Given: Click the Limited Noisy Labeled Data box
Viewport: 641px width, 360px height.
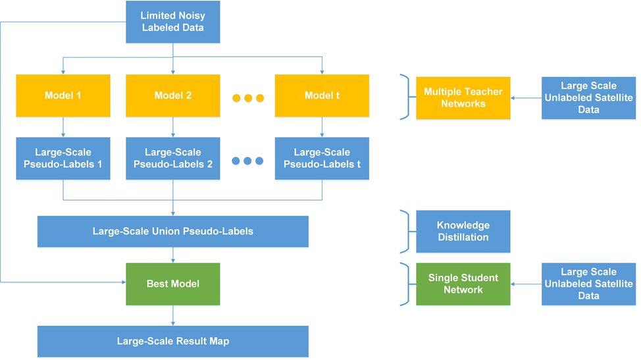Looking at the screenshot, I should coord(172,22).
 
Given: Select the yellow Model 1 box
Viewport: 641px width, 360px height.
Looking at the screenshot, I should coord(63,95).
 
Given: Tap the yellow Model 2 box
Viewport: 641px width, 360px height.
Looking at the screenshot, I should coord(172,95).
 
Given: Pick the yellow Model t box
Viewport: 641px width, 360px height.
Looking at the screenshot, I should coord(322,95).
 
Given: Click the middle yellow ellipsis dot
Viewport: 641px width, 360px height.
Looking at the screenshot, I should coord(248,98).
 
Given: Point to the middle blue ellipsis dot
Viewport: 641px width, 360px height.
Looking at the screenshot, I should coord(248,161).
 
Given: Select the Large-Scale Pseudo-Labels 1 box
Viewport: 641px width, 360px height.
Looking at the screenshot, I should coord(63,158).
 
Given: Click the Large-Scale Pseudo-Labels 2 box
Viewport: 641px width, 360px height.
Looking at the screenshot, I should coord(172,158).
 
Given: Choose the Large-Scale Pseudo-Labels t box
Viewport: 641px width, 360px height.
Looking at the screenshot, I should coord(322,158).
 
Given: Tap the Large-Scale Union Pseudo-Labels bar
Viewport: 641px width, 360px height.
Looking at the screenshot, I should coord(172,231).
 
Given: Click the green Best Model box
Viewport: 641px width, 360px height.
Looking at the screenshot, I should coord(172,284).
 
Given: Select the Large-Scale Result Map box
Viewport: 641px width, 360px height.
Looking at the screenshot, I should coord(172,341).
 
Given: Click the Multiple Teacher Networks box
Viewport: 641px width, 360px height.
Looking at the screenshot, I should coord(463,97).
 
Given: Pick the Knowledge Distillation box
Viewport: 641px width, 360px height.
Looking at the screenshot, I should coord(463,231).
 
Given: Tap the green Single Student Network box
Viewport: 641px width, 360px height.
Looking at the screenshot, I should coord(463,284).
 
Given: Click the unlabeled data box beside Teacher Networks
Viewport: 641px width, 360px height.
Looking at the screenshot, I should coord(588,97).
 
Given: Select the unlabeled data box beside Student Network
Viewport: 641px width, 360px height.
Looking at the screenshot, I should coord(588,284).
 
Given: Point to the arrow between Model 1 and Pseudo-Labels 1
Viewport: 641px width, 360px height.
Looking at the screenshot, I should coord(63,126).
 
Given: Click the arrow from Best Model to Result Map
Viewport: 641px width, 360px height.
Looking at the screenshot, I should coord(172,315).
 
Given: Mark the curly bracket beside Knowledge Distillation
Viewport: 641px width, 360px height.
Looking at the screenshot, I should coord(404,231).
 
